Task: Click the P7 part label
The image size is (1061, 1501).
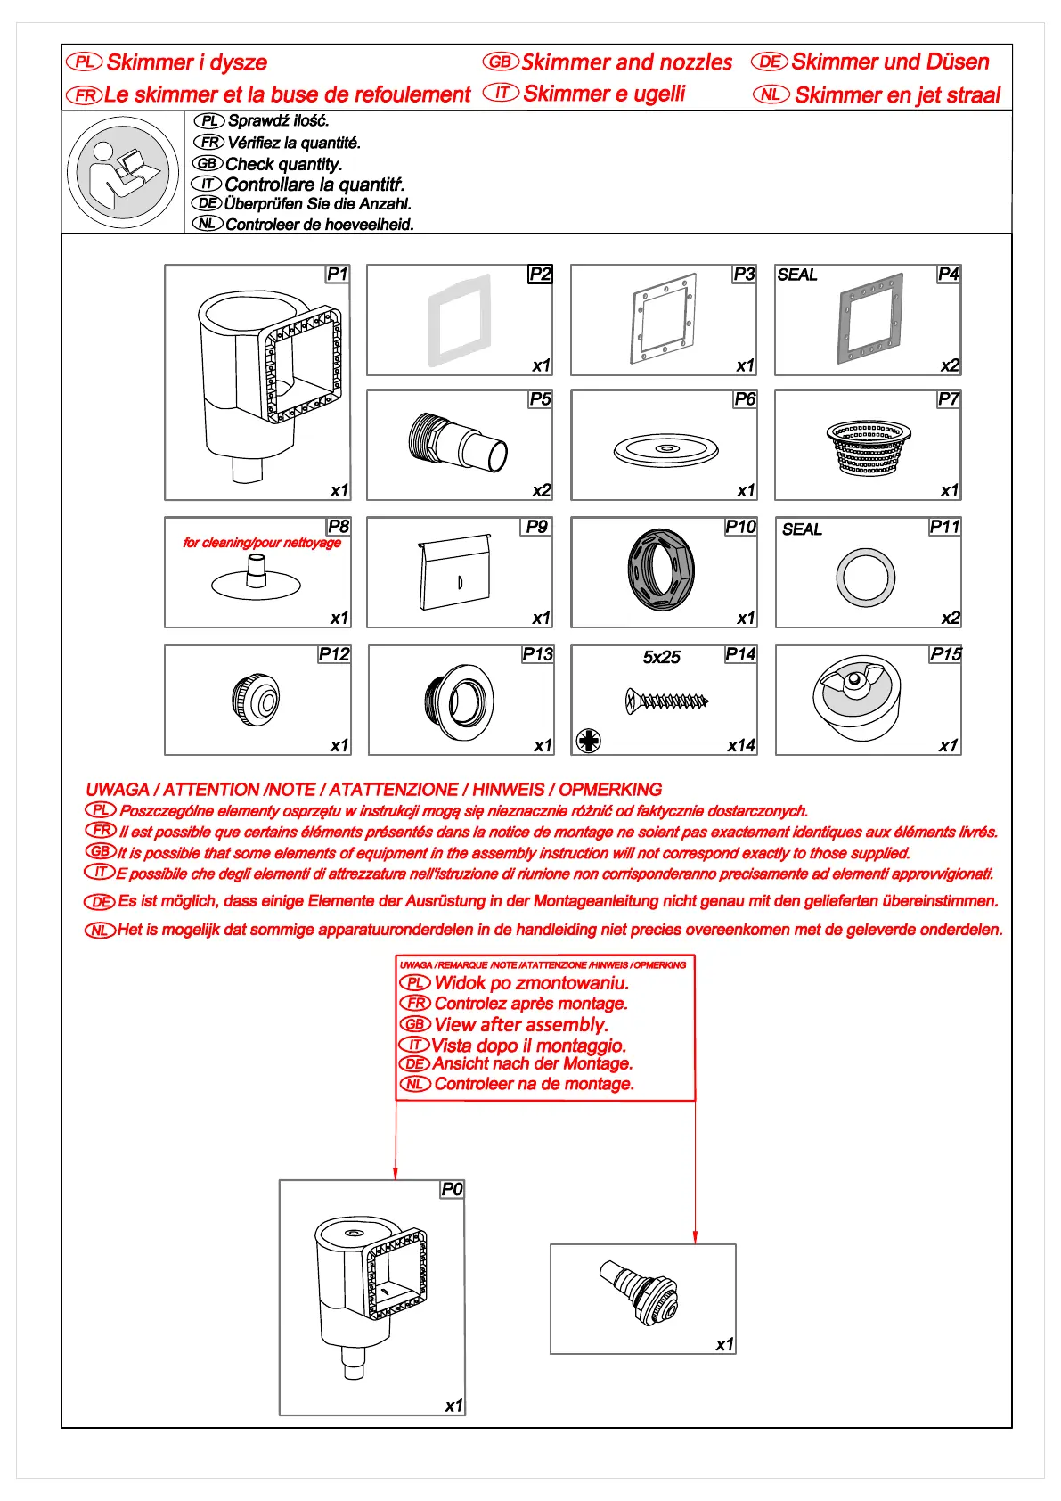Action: tap(948, 399)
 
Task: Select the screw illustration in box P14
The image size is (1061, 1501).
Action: tap(667, 701)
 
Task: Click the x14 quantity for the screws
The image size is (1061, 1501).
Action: tap(740, 745)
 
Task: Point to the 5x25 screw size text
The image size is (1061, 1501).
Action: tap(661, 657)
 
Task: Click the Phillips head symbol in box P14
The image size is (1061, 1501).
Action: tap(589, 740)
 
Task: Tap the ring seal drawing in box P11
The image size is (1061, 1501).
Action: tap(865, 578)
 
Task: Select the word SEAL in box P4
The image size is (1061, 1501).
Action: tap(796, 275)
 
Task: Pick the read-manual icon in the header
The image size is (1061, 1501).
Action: tap(123, 173)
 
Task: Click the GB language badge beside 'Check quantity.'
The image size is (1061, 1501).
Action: tap(208, 163)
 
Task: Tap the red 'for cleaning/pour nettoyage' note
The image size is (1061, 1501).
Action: tap(262, 542)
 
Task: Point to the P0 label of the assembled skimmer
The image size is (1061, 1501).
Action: tap(452, 1189)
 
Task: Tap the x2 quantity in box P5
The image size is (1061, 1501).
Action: tap(541, 490)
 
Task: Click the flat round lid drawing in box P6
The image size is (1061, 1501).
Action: tap(665, 448)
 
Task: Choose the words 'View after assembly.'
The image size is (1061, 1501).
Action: tap(521, 1024)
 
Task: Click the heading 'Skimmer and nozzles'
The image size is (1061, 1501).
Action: tap(626, 62)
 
